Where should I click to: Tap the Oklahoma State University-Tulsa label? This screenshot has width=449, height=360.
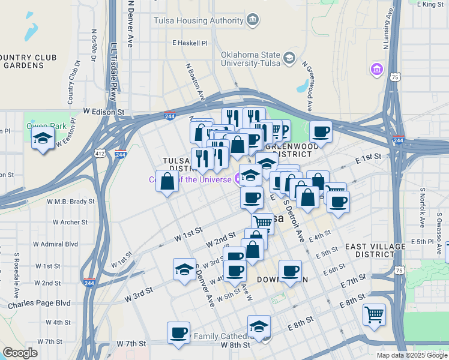click(252, 58)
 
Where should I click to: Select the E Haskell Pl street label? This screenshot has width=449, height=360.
click(189, 43)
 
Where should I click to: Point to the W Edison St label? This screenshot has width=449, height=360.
click(103, 112)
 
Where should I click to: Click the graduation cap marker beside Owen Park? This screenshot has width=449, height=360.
click(43, 139)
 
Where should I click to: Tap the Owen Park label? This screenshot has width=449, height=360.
click(40, 126)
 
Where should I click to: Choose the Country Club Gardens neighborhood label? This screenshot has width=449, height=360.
click(28, 61)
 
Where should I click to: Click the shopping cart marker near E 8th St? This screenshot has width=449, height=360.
click(374, 313)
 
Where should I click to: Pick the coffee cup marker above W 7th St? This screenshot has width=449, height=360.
click(178, 332)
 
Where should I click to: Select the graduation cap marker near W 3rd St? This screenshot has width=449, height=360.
click(184, 269)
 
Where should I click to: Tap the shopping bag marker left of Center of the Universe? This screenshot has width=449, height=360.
click(167, 182)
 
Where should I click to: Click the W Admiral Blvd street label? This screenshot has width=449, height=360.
click(55, 244)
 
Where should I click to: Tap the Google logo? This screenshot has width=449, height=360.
click(20, 353)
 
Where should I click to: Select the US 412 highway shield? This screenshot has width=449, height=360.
click(99, 155)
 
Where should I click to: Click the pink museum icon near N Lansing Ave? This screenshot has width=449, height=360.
click(377, 70)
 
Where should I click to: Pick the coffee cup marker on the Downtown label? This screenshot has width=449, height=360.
click(290, 271)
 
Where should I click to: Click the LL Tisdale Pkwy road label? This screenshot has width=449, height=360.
click(113, 72)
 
